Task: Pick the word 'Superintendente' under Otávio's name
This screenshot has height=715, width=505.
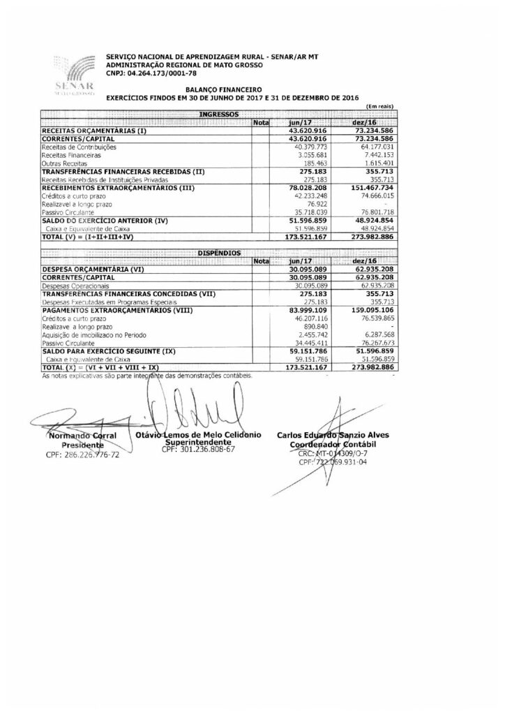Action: tap(197, 442)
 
